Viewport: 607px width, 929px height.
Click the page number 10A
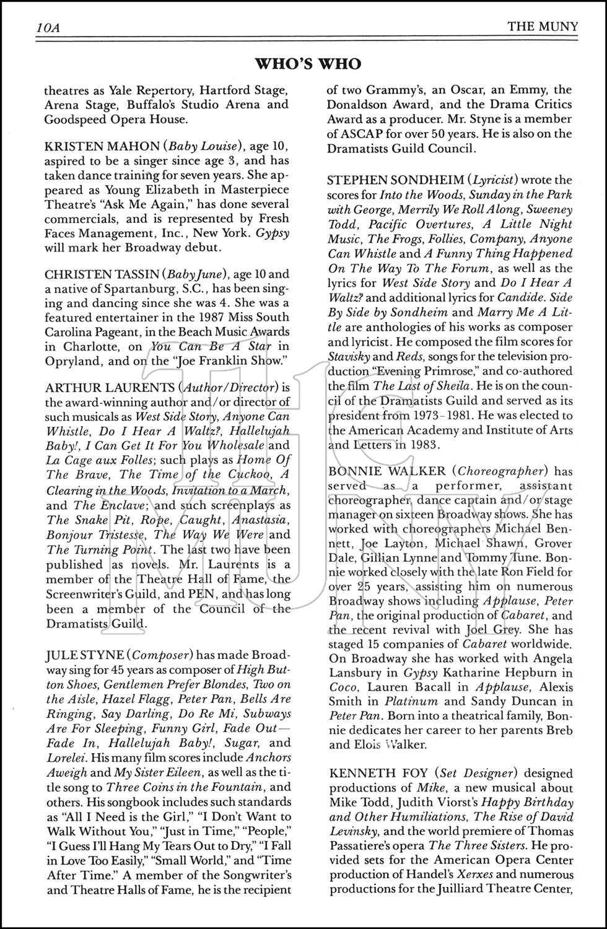coord(47,27)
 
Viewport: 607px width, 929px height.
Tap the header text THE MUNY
coord(542,27)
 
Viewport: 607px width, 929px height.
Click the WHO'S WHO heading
coord(308,64)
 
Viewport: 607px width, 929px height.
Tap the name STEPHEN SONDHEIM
coord(396,180)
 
